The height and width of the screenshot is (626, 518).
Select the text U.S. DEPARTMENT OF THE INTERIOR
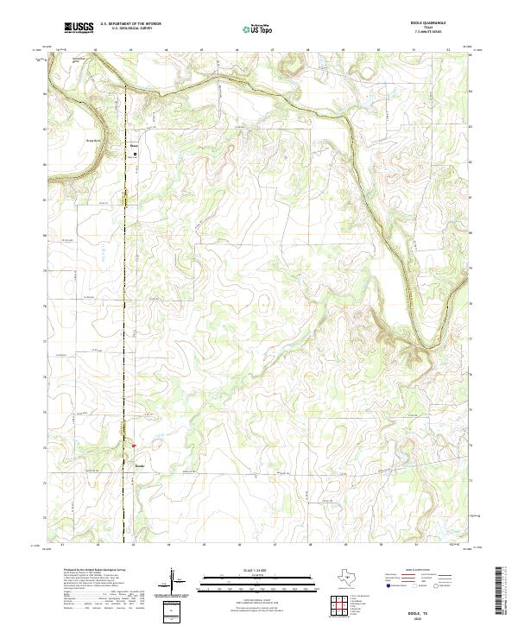pos(133,23)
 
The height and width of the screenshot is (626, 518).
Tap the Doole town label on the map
pos(140,466)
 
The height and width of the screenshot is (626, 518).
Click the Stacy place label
pos(134,146)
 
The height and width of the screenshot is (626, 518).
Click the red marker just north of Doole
pos(134,446)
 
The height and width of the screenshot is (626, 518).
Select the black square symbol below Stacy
pos(134,155)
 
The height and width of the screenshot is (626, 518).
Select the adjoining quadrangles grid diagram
pos(342,606)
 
